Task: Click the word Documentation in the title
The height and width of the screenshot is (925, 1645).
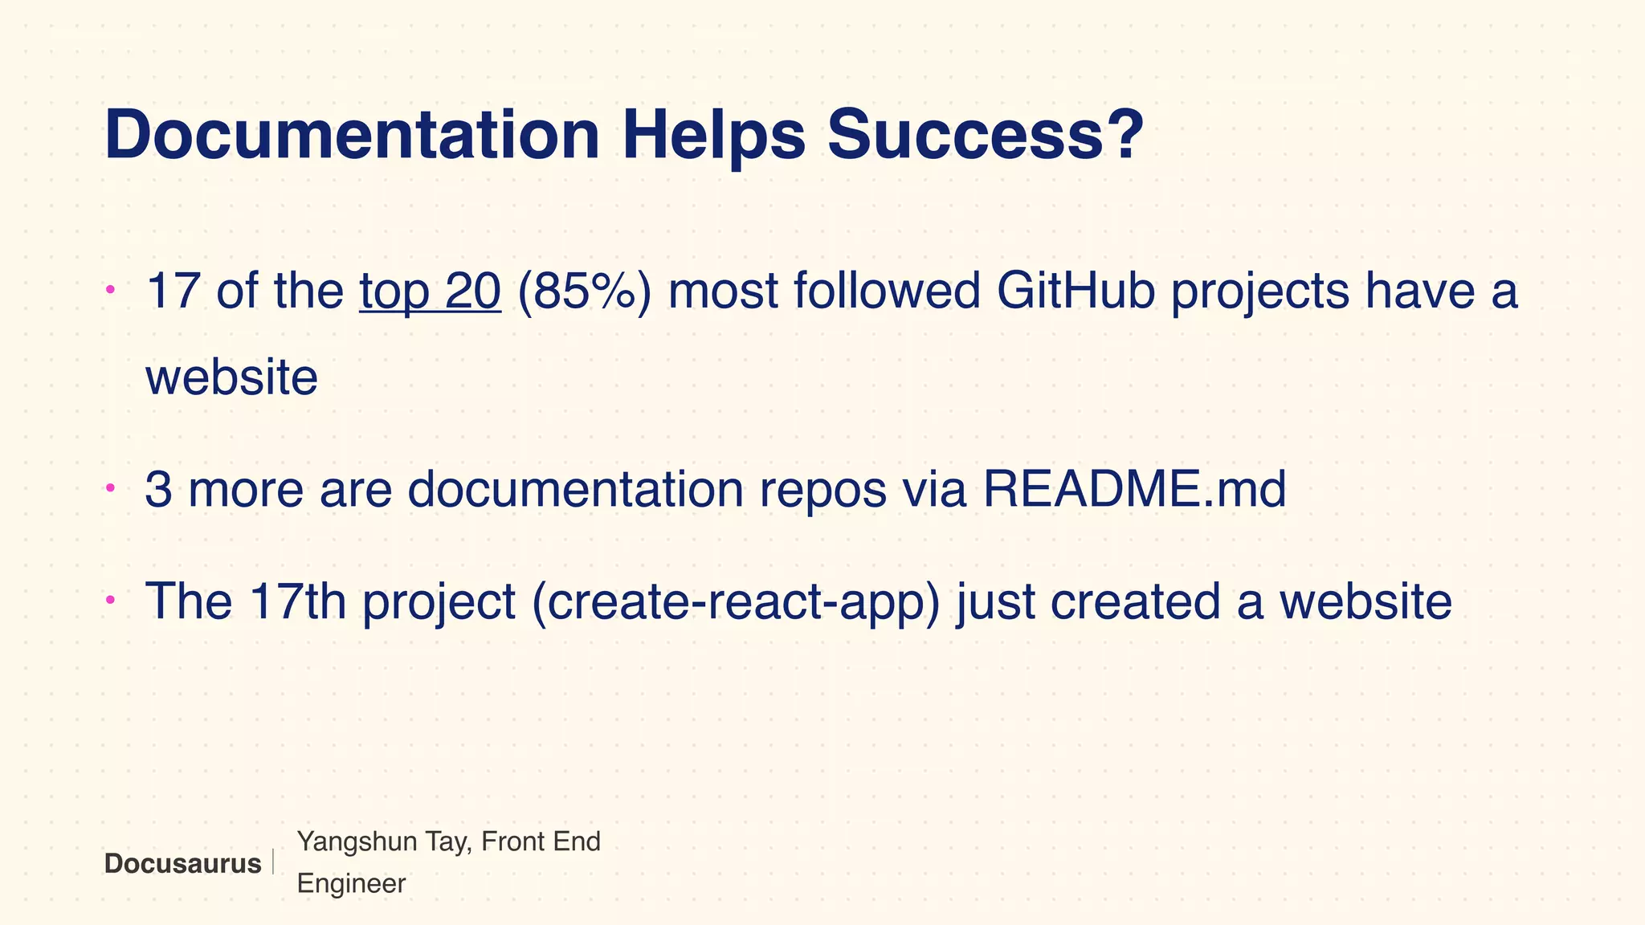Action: point(352,135)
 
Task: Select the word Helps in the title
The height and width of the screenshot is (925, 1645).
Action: point(713,135)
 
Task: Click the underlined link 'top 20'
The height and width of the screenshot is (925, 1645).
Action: point(431,291)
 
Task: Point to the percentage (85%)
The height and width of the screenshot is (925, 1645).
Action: point(584,291)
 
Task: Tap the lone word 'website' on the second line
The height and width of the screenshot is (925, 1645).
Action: point(231,377)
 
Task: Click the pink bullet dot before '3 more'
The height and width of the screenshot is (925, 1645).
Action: point(111,487)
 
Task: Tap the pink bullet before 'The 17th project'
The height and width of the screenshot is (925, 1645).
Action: point(111,599)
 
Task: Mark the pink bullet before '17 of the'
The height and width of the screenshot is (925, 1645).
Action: point(111,288)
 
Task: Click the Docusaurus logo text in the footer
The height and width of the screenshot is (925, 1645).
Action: point(182,864)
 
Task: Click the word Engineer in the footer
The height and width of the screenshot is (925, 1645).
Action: point(351,884)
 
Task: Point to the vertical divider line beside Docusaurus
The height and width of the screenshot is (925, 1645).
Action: point(273,862)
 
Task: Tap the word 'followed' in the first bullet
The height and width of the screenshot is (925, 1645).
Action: point(887,291)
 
